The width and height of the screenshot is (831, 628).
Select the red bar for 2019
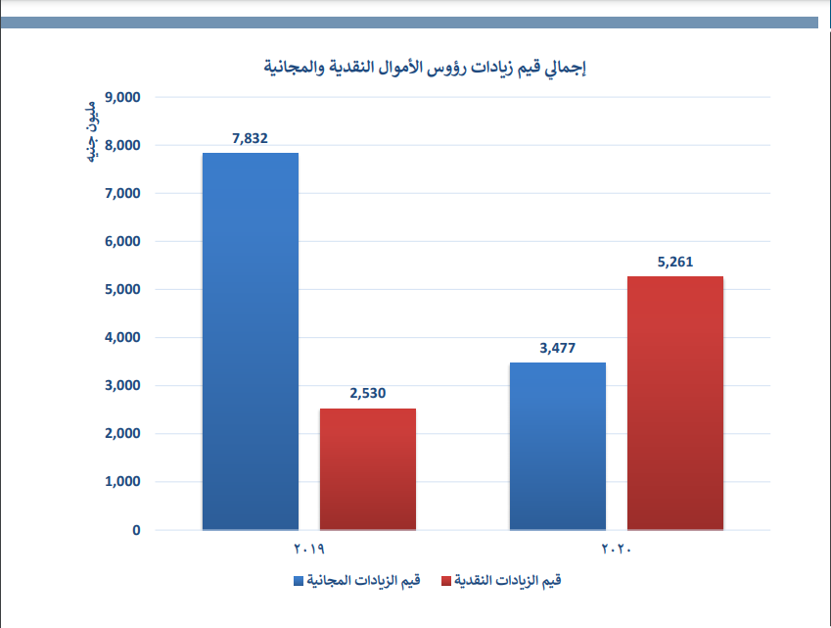(367, 469)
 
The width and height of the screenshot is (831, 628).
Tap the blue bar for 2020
(557, 446)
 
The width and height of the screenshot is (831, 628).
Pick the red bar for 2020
(675, 403)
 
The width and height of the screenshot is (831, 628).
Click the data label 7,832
(250, 138)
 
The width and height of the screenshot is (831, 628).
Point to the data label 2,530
(367, 394)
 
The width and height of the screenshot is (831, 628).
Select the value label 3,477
(557, 348)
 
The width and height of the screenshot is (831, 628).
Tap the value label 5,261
(675, 262)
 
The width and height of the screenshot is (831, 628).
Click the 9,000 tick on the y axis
(122, 98)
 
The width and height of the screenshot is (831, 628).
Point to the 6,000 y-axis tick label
(122, 242)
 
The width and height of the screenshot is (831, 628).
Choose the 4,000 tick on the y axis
(122, 338)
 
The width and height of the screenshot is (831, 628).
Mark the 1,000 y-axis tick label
(122, 482)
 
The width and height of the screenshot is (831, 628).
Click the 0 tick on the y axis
(136, 530)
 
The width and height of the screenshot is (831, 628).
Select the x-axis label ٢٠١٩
(308, 549)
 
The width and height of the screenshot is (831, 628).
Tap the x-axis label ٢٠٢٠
(617, 549)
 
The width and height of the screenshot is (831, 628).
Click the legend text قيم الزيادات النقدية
(509, 581)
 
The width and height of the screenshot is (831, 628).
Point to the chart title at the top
(426, 69)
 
